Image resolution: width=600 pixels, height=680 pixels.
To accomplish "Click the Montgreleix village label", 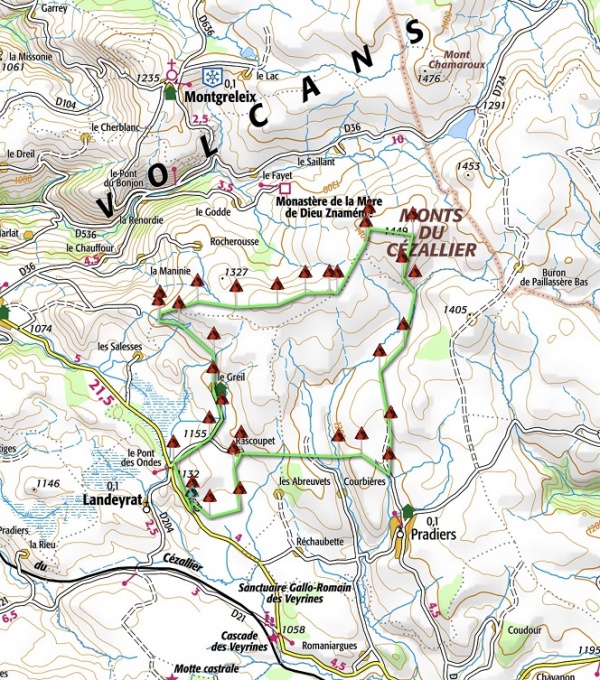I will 219,97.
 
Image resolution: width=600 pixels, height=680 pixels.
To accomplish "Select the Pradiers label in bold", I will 432,535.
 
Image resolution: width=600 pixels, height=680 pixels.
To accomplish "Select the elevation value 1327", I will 236,272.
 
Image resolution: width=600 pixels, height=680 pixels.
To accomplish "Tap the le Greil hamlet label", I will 230,377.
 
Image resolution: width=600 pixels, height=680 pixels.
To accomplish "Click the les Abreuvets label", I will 304,481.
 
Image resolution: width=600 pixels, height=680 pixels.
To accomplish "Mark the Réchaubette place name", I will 320,542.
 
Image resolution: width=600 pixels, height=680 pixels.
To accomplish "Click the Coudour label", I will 524,631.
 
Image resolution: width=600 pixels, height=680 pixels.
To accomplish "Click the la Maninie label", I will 169,271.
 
